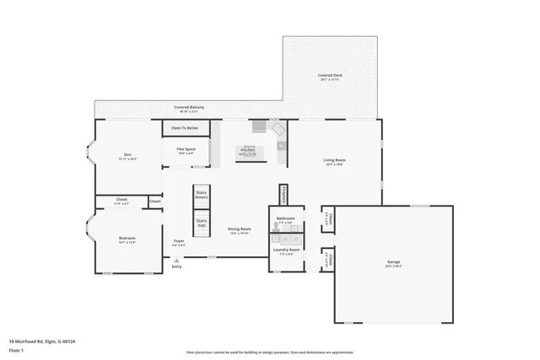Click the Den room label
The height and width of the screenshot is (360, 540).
(128, 154)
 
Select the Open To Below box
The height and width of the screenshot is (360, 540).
(185, 128)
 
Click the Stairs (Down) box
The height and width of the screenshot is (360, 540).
(201, 194)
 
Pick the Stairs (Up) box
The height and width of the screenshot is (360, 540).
(201, 224)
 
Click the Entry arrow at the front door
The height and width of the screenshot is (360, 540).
(176, 262)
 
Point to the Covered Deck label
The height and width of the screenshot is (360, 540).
(331, 75)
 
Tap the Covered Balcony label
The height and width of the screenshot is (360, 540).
(189, 108)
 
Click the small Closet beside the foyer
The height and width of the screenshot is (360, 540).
(155, 201)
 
